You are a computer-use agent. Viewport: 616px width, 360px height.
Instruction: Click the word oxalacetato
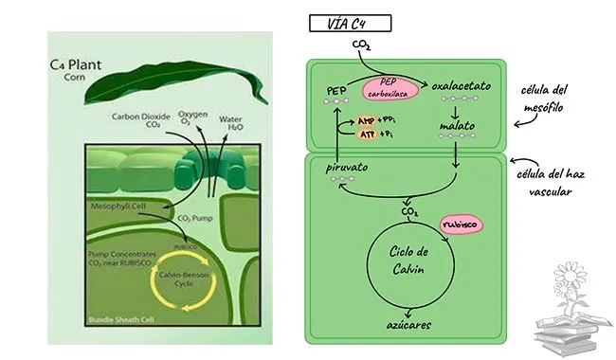pos(460,86)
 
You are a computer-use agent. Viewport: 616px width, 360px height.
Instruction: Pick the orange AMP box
pos(365,121)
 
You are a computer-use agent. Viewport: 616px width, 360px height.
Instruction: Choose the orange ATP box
pos(365,135)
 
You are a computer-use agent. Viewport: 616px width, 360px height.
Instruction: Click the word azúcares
pos(411,323)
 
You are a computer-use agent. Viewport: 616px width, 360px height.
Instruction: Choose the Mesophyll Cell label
pos(119,206)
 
